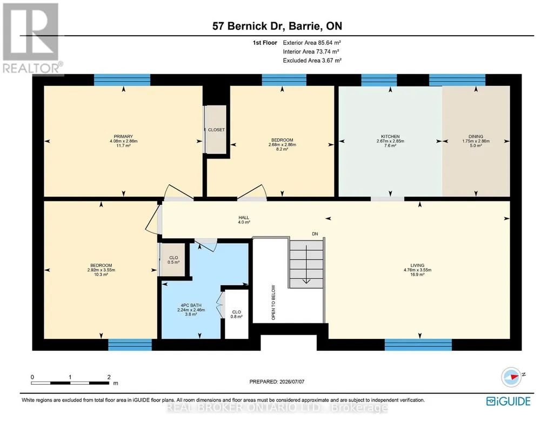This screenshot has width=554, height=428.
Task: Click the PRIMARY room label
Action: tap(123, 136)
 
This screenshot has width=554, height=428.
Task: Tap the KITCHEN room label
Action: tap(390, 136)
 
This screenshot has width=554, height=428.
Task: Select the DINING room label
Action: tap(476, 136)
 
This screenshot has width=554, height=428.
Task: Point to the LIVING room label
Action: tap(417, 265)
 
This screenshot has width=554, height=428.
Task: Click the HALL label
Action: tap(244, 218)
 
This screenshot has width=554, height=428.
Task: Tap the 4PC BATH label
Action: tap(191, 305)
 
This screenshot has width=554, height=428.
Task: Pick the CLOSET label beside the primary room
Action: tap(216, 130)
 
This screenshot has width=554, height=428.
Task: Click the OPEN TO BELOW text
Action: tap(273, 302)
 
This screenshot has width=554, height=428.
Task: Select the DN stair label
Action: tap(315, 234)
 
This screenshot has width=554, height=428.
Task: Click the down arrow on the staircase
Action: tap(306, 264)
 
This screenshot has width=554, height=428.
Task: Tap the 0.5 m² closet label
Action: tap(173, 263)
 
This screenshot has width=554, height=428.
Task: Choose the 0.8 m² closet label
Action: tap(236, 317)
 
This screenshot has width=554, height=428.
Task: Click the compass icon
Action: tap(511, 377)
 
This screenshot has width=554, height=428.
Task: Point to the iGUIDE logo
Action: tap(508, 401)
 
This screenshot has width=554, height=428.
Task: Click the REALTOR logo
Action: tap(32, 39)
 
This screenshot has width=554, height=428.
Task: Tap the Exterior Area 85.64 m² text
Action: tap(312, 43)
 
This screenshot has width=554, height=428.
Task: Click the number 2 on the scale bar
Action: tap(109, 377)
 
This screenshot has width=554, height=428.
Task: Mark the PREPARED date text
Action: tap(277, 382)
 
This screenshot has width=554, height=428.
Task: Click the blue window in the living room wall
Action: tap(418, 345)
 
